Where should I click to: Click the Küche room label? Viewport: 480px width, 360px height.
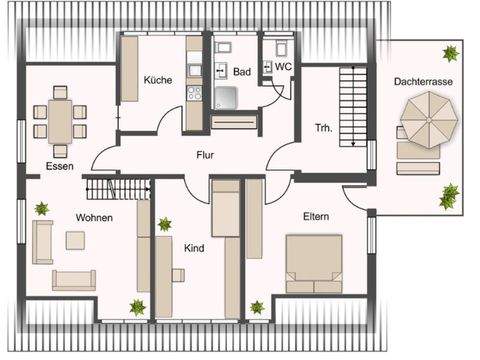pos(157,80)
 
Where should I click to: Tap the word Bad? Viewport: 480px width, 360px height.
pos(242,72)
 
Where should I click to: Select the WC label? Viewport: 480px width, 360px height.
pos(284,67)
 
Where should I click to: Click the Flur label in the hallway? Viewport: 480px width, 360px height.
pos(206,156)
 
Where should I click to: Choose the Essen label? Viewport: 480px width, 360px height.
pos(58,165)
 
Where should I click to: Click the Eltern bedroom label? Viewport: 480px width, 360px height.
pos(317,216)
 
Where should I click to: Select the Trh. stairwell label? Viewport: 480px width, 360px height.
pos(323,127)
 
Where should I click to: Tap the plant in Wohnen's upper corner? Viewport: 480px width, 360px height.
pos(42,208)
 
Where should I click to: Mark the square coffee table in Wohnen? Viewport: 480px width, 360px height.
pos(75,240)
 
